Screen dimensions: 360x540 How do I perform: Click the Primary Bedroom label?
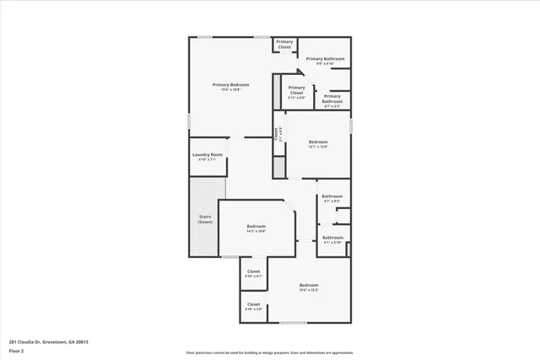pyautogui.click(x=231, y=84)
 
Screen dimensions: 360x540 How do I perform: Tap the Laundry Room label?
pyautogui.click(x=207, y=154)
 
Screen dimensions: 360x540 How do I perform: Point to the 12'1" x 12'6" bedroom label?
pyautogui.click(x=317, y=141)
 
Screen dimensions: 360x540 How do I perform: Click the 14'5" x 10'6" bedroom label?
pyautogui.click(x=256, y=226)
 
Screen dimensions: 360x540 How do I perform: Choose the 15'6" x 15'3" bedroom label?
pyautogui.click(x=309, y=286)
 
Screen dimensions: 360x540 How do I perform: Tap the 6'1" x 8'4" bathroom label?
pyautogui.click(x=332, y=196)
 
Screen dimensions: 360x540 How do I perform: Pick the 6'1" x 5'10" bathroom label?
pyautogui.click(x=332, y=238)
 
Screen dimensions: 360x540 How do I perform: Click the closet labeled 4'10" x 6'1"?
pyautogui.click(x=253, y=271)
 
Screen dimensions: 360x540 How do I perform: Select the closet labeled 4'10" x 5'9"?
pyautogui.click(x=253, y=304)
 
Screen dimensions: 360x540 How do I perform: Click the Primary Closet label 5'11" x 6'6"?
pyautogui.click(x=296, y=90)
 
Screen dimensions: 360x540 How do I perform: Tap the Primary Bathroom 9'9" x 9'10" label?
pyautogui.click(x=325, y=59)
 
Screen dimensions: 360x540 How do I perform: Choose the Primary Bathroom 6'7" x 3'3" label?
pyautogui.click(x=332, y=99)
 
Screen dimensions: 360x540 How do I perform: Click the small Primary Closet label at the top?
pyautogui.click(x=284, y=44)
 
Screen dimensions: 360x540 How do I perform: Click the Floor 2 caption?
pyautogui.click(x=17, y=349)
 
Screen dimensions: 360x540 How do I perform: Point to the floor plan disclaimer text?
pyautogui.click(x=270, y=352)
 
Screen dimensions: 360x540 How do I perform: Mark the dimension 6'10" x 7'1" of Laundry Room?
pyautogui.click(x=207, y=159)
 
